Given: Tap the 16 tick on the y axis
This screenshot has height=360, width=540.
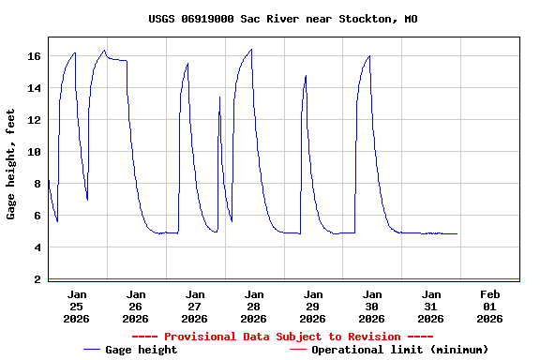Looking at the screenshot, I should coord(35,56).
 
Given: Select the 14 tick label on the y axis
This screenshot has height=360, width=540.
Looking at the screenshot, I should coord(35,88).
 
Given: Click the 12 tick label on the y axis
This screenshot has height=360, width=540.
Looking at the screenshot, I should coord(35,120).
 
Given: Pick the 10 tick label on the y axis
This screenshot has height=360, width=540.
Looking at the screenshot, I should coord(35,152).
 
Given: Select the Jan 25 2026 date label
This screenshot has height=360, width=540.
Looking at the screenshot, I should coord(77,306).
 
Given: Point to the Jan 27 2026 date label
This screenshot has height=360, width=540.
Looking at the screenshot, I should coord(195,306).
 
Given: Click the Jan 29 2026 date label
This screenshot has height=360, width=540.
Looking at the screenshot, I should coord(313,306).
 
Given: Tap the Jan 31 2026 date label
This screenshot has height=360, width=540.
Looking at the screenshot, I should coord(431,306).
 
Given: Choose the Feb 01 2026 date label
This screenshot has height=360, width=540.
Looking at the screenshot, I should coord(489,306).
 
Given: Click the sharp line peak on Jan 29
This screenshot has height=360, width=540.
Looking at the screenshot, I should coord(306,76).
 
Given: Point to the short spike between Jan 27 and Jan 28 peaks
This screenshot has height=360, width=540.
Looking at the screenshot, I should coord(220,97).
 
